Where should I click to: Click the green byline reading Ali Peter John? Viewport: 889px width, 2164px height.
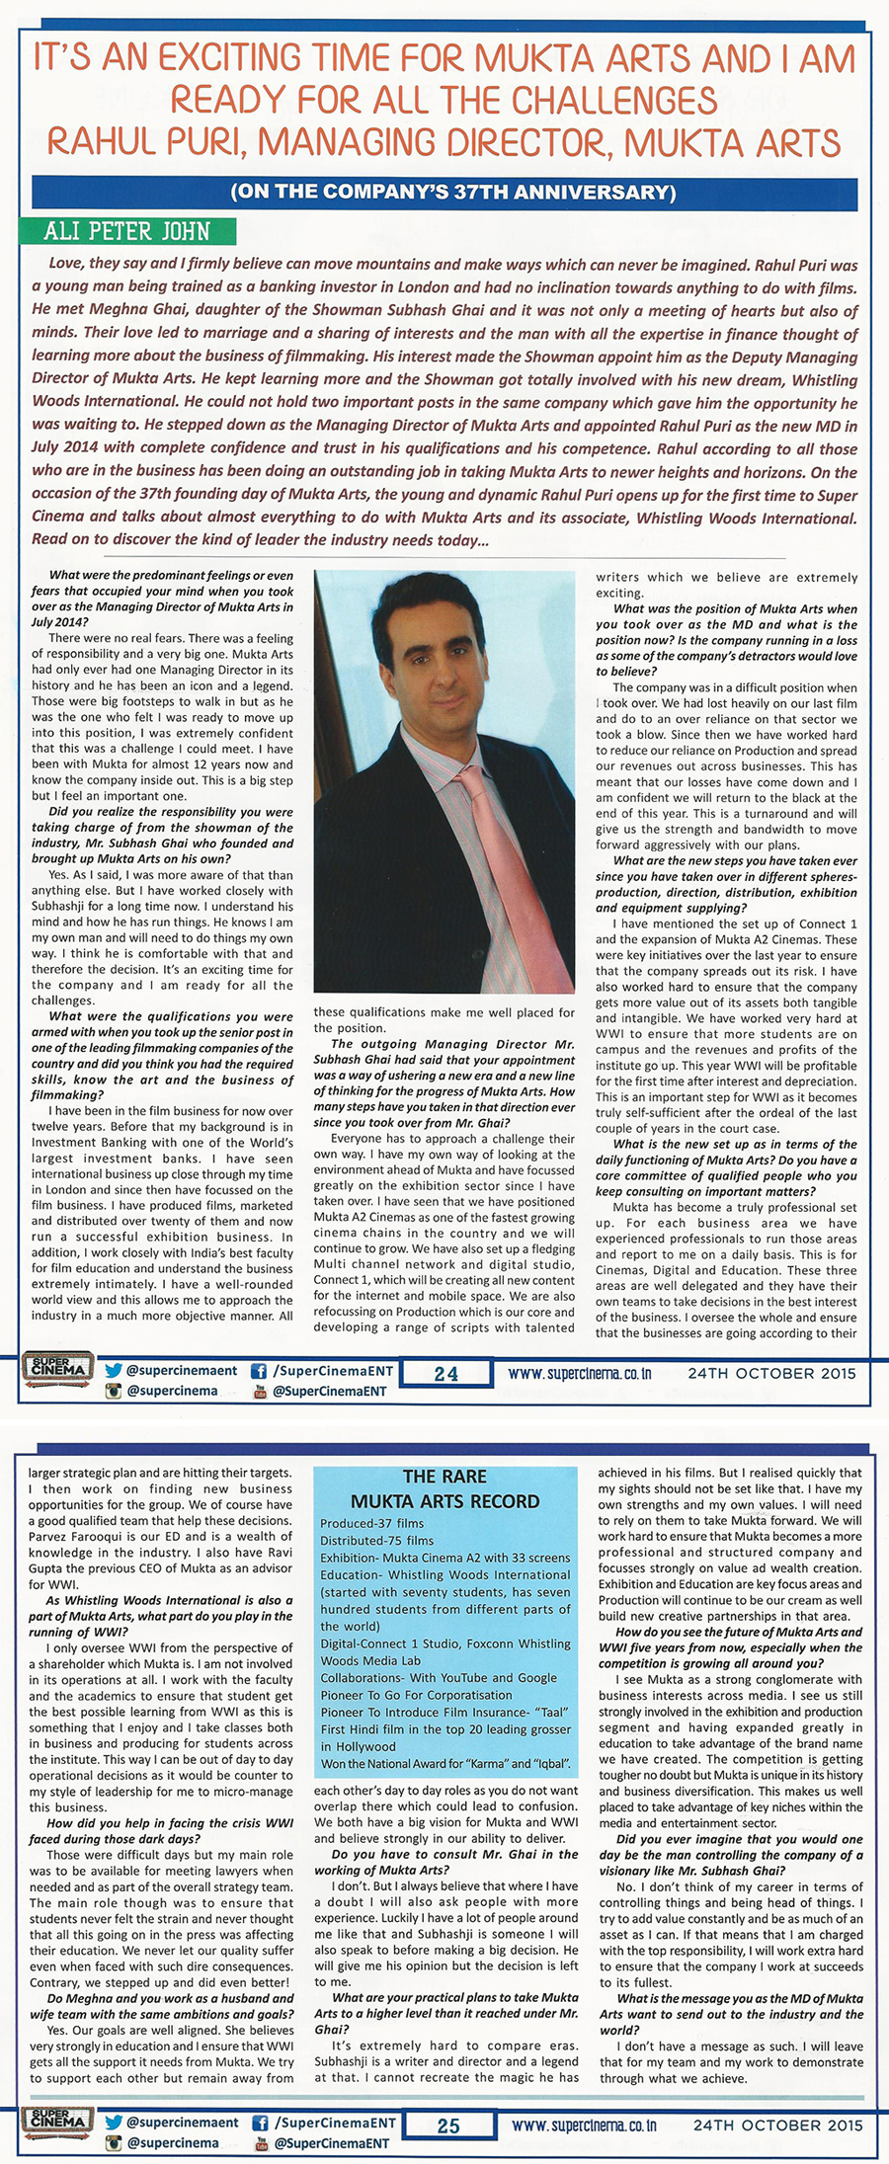pos(126,232)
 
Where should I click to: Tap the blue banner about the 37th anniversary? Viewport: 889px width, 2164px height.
pos(453,192)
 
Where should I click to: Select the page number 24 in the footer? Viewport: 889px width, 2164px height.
pos(446,1373)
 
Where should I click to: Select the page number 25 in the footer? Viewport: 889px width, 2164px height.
pos(448,2125)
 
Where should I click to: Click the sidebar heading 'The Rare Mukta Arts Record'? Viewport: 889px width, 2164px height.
pos(444,1488)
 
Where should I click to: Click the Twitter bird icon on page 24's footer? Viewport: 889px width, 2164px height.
pos(114,1371)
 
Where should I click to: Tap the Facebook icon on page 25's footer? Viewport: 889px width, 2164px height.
pos(260,2123)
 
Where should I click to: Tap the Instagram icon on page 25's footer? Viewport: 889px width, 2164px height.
pos(114,2143)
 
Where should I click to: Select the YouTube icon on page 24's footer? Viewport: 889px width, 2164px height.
pos(261,1391)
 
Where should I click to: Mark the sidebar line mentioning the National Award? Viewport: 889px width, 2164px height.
pos(445,1763)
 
